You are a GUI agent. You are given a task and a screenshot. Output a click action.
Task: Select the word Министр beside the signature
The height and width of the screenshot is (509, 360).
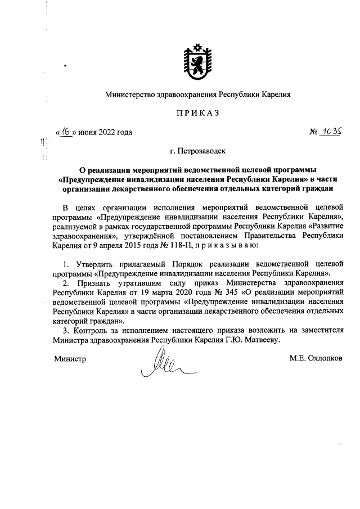pos(70,358)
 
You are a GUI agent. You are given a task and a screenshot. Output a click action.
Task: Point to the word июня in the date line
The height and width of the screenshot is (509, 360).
pos(91,132)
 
